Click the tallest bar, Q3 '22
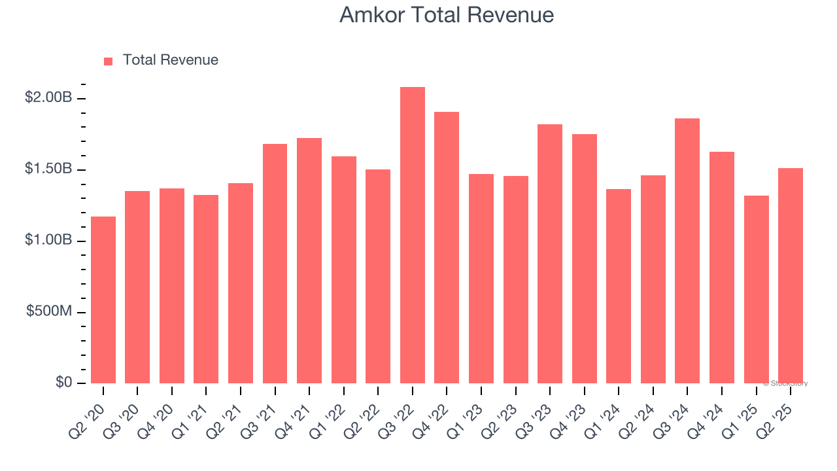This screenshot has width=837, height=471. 412,235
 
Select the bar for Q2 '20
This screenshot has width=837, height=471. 103,300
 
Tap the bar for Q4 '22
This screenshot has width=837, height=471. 447,248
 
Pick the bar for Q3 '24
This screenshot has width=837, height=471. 687,251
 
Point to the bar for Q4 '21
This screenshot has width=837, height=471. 309,261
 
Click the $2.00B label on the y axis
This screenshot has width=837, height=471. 48,97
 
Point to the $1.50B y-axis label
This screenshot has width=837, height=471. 48,169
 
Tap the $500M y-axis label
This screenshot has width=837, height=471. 49,311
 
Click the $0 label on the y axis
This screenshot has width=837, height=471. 63,382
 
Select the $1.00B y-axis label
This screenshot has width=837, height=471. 48,240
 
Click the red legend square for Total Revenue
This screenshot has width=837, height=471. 109,61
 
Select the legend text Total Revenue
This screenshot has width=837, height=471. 170,60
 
